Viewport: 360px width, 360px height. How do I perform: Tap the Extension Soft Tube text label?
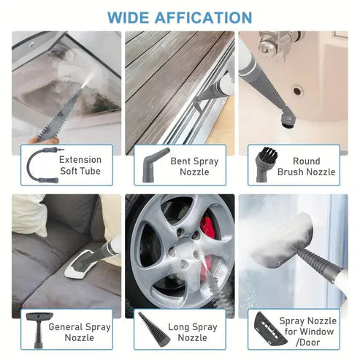[80, 165]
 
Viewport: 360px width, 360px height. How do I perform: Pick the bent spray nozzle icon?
[150, 166]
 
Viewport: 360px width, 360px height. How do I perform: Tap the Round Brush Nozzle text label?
[310, 166]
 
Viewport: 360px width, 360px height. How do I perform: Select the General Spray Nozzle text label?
[80, 332]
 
